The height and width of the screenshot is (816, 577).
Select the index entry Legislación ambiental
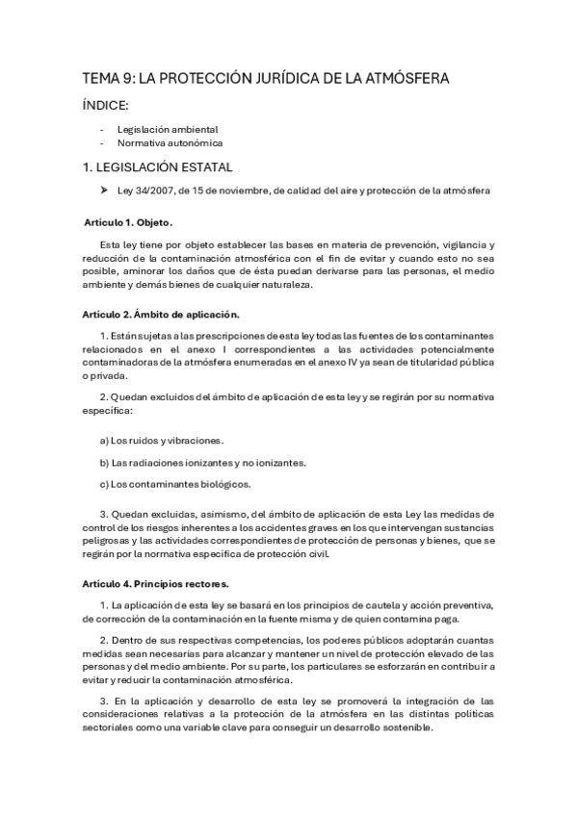(x=168, y=129)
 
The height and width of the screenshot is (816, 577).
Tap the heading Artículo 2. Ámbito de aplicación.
(x=161, y=314)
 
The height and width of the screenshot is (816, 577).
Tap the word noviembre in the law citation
(x=240, y=191)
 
